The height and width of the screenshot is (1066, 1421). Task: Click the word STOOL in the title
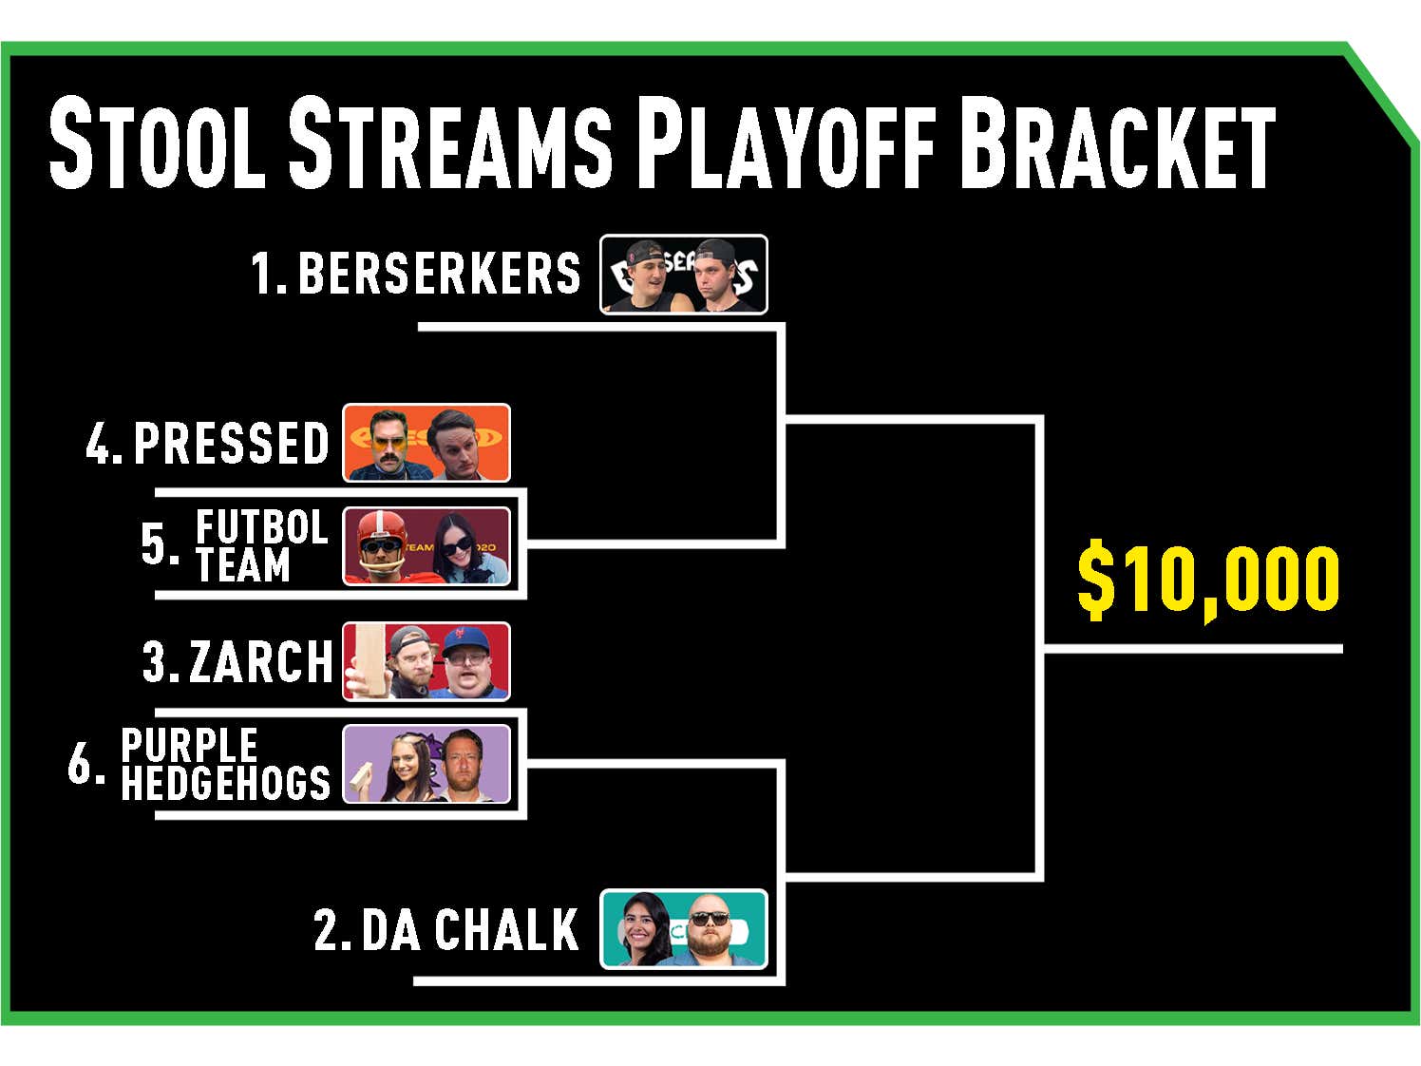tap(158, 143)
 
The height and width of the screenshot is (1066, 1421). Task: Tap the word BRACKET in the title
tap(1117, 143)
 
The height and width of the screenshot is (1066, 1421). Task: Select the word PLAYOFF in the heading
tap(786, 143)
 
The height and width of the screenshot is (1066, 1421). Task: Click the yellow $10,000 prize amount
tap(1208, 578)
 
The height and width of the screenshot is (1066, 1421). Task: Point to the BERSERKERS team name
tap(439, 273)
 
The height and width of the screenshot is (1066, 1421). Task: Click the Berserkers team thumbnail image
tap(684, 275)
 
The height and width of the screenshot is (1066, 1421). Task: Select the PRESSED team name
tap(231, 443)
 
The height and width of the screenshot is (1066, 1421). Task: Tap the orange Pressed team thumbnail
tap(426, 443)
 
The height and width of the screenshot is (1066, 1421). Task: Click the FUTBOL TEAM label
tap(261, 545)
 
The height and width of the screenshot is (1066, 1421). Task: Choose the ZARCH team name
tap(260, 661)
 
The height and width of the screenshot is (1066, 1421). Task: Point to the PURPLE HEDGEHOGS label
tap(225, 765)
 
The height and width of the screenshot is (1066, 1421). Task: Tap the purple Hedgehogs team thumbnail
tap(426, 764)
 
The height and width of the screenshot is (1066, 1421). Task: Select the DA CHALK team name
tap(469, 929)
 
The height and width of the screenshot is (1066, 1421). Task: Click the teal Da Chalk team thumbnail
tap(684, 929)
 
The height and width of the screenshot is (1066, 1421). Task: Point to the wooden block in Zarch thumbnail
tap(366, 661)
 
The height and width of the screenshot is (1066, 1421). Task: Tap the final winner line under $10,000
tap(1192, 649)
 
